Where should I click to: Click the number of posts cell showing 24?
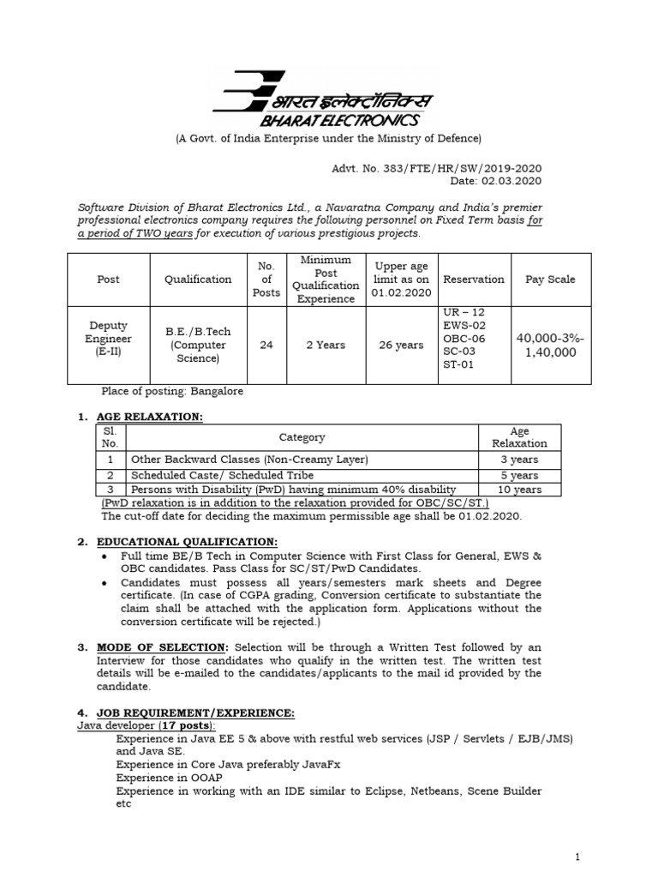[x=266, y=345]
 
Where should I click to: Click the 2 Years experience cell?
[x=326, y=345]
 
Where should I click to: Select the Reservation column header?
[x=472, y=280]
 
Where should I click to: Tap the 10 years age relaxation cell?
[x=519, y=490]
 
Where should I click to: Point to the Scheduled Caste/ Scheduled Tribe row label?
[x=222, y=475]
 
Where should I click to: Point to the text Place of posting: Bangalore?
[x=172, y=391]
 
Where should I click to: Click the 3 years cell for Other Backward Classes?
[x=519, y=460]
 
